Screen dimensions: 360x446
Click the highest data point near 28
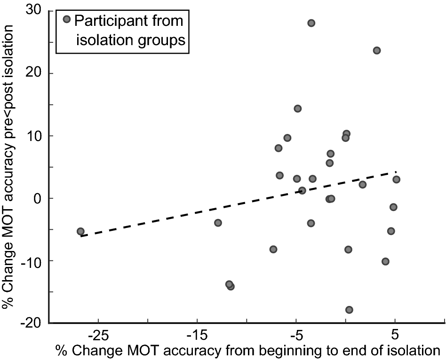tap(311, 23)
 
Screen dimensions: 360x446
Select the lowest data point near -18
tap(349, 310)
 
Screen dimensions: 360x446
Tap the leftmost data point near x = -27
tap(80, 231)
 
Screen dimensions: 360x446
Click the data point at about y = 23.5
tap(376, 50)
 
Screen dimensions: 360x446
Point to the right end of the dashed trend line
tap(396, 172)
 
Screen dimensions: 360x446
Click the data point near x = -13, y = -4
tap(218, 223)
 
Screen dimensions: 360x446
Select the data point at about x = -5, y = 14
tap(297, 109)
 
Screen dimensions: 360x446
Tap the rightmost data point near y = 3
tap(396, 180)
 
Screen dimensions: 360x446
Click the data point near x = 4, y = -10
tap(385, 261)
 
